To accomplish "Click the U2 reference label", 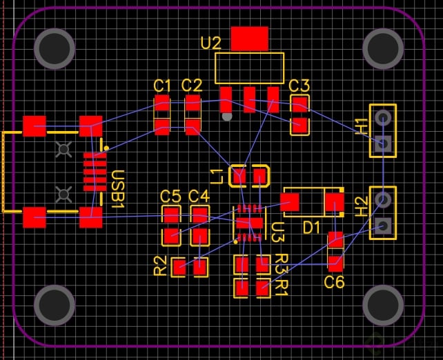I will [210, 43].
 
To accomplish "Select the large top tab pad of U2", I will [249, 39].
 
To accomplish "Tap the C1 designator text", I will [162, 86].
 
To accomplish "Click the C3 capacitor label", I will [299, 86].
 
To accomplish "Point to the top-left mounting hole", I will [56, 48].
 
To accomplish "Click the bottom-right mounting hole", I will [383, 304].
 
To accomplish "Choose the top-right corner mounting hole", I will [383, 48].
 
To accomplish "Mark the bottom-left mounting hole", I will [55, 304].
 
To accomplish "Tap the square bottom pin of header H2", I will [383, 226].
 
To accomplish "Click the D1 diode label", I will [312, 227].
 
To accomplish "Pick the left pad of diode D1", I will [290, 202].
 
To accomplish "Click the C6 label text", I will [334, 281].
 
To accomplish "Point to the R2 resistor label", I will [160, 266].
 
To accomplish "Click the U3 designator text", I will [277, 232].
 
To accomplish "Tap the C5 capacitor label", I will [170, 196].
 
